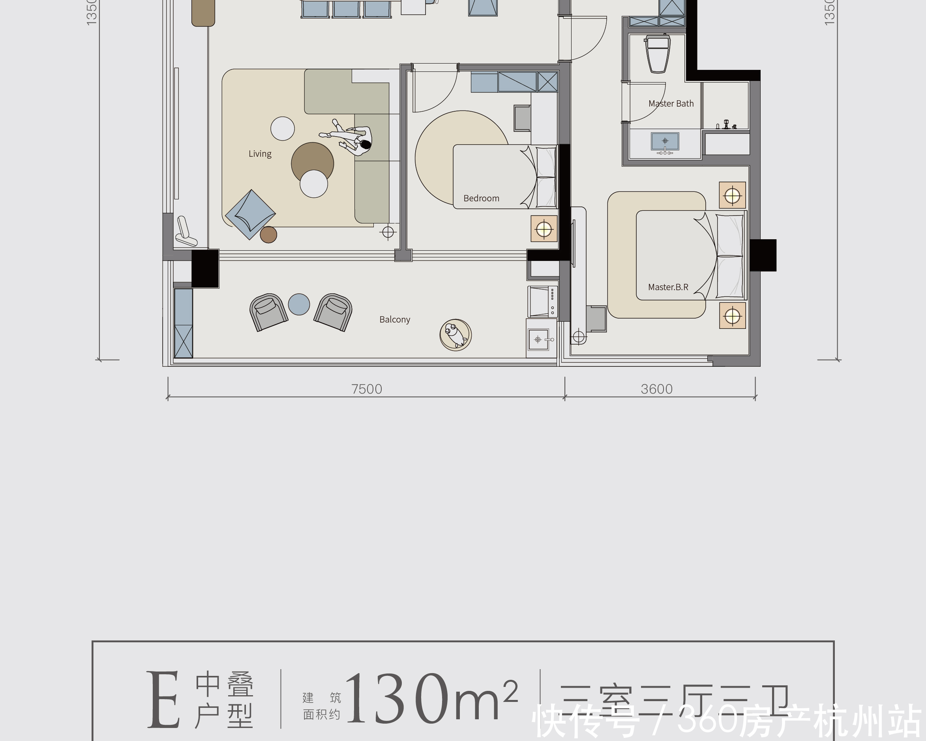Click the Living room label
click(260, 154)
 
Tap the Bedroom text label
click(481, 199)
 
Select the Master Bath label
click(671, 103)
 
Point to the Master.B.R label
click(668, 287)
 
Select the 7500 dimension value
click(366, 389)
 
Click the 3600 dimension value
click(656, 389)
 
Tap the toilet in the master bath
click(658, 54)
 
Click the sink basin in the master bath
click(665, 141)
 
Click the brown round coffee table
click(312, 162)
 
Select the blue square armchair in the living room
click(250, 214)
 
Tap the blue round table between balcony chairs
click(299, 304)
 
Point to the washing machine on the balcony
click(542, 302)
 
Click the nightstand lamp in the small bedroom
click(544, 229)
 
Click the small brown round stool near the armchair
click(268, 234)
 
